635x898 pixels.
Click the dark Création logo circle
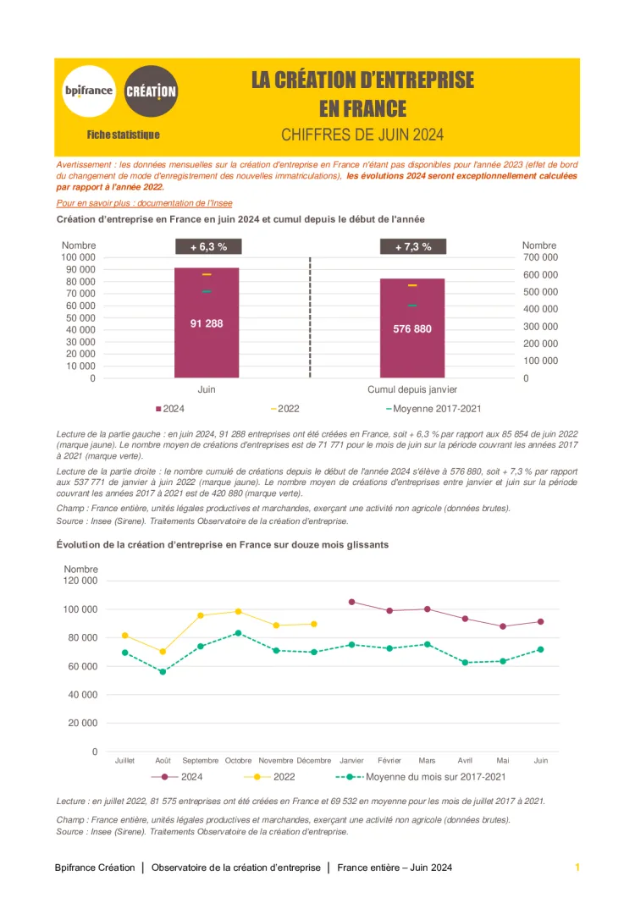151,91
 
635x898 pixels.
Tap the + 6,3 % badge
207,247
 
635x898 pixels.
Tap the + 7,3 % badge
412,247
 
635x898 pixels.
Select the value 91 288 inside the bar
207,323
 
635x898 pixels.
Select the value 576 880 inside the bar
412,328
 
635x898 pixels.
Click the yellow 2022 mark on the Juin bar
207,274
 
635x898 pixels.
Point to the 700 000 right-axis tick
540,257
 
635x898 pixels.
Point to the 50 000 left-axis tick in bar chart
79,318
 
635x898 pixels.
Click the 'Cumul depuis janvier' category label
412,389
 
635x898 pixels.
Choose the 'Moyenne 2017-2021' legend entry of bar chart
433,409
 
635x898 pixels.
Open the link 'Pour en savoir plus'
144,203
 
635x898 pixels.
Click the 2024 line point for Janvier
351,602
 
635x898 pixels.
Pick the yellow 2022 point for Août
163,652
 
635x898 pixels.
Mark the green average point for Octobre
239,633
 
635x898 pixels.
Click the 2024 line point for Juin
540,621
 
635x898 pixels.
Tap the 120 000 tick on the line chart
80,581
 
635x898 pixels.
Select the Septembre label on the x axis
201,761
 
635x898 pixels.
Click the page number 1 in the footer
577,868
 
